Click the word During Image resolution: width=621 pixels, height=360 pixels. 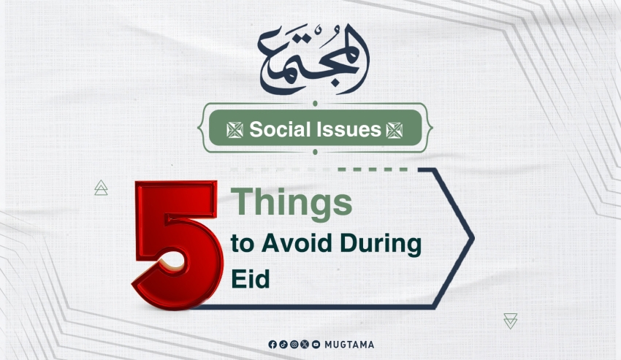coord(381,245)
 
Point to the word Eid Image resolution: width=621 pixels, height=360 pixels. coord(251,278)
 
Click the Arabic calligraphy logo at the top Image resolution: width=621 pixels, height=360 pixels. coord(313,59)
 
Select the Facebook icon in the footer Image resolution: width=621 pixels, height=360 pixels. coord(273,345)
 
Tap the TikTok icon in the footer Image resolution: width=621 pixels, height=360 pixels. coord(283,345)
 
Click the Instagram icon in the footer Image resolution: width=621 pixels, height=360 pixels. coord(294,345)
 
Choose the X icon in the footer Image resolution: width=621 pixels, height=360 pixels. coord(305,345)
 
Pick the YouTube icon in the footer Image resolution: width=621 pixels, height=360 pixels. coord(316,345)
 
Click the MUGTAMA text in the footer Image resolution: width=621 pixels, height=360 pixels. coord(349,345)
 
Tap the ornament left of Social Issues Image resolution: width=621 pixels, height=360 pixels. coord(235,130)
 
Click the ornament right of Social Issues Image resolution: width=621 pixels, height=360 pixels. coord(395,130)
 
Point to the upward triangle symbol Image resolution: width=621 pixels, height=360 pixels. coord(101,188)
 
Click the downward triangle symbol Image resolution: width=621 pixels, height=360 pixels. coord(511,321)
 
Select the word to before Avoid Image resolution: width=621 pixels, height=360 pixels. coord(242,244)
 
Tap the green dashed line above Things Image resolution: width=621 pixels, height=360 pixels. coord(373,169)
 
